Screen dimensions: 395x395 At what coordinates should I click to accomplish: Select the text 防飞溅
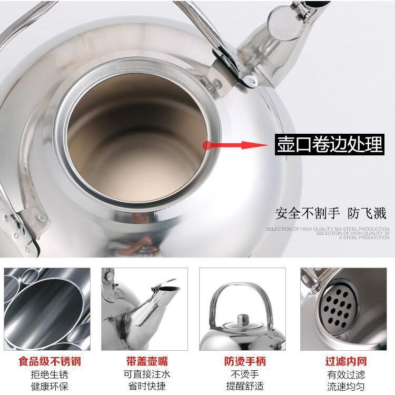(366, 213)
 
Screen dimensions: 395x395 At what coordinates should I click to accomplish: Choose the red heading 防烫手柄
(243, 361)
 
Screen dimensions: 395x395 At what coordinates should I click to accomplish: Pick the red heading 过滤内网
(346, 361)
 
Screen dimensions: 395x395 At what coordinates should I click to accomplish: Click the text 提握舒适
(243, 388)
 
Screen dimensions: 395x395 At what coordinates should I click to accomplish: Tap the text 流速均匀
(346, 388)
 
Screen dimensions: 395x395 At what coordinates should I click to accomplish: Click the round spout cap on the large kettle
(280, 21)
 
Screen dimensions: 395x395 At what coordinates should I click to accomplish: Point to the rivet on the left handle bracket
(39, 216)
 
